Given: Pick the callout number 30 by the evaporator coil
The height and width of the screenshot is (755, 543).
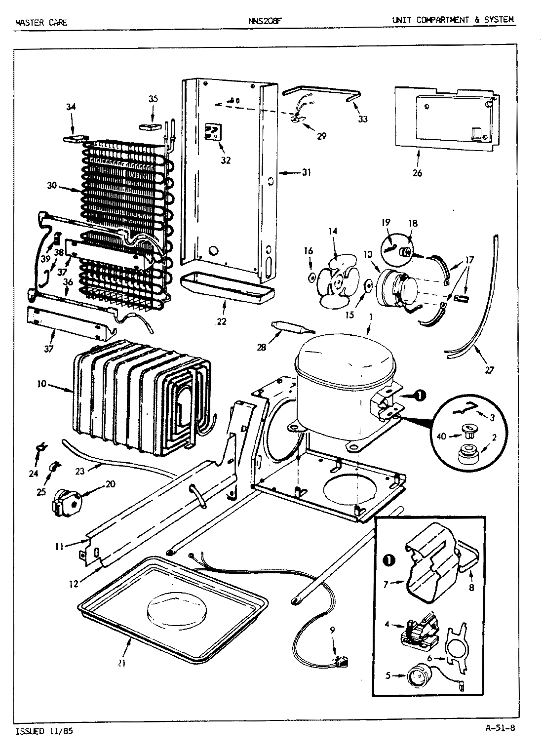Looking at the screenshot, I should tap(52, 186).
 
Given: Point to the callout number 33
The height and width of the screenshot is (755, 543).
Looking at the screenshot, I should tap(363, 119).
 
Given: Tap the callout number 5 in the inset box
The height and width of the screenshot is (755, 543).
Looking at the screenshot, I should tap(388, 675).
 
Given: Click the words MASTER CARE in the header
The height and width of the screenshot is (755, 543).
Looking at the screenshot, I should tap(41, 22).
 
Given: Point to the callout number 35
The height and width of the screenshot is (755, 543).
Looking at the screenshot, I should tap(153, 99).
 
